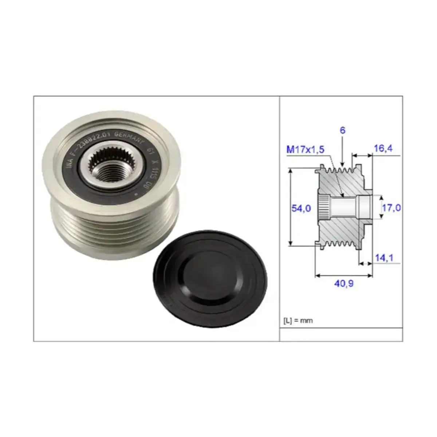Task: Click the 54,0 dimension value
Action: [x=301, y=208]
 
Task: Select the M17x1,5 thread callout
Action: [x=305, y=149]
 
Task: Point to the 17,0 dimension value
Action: [x=391, y=208]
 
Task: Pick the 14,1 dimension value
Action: [x=384, y=258]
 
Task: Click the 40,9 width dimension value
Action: [x=344, y=283]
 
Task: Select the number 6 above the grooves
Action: [x=342, y=130]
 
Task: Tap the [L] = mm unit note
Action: [x=298, y=321]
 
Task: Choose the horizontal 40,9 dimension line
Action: [x=344, y=275]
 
